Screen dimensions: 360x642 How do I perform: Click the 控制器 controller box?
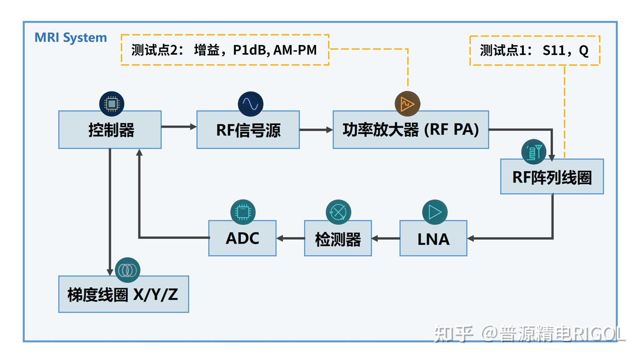110,130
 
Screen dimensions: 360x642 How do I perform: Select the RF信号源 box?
248,130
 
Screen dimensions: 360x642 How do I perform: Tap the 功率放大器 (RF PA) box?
411,130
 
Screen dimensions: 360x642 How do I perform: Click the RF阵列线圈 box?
552,177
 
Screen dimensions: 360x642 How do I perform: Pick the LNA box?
433,239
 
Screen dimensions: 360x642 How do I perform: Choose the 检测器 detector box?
338,239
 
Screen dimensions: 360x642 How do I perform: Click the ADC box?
242,238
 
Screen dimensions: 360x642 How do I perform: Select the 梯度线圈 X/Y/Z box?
123,294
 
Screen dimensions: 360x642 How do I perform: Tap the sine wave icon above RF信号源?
250,103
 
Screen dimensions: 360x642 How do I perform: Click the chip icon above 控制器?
111,103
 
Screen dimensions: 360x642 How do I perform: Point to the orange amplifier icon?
407,104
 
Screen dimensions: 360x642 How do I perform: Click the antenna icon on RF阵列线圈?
534,152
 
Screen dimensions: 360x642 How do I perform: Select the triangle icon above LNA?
435,212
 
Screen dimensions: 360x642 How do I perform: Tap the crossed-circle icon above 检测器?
338,212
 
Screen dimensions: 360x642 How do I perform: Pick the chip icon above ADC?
243,212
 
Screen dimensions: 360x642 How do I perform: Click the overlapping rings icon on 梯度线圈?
128,270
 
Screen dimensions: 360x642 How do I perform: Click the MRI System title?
71,37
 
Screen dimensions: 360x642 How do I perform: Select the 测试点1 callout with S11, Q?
535,50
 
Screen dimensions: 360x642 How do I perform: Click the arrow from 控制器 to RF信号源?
179,127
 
